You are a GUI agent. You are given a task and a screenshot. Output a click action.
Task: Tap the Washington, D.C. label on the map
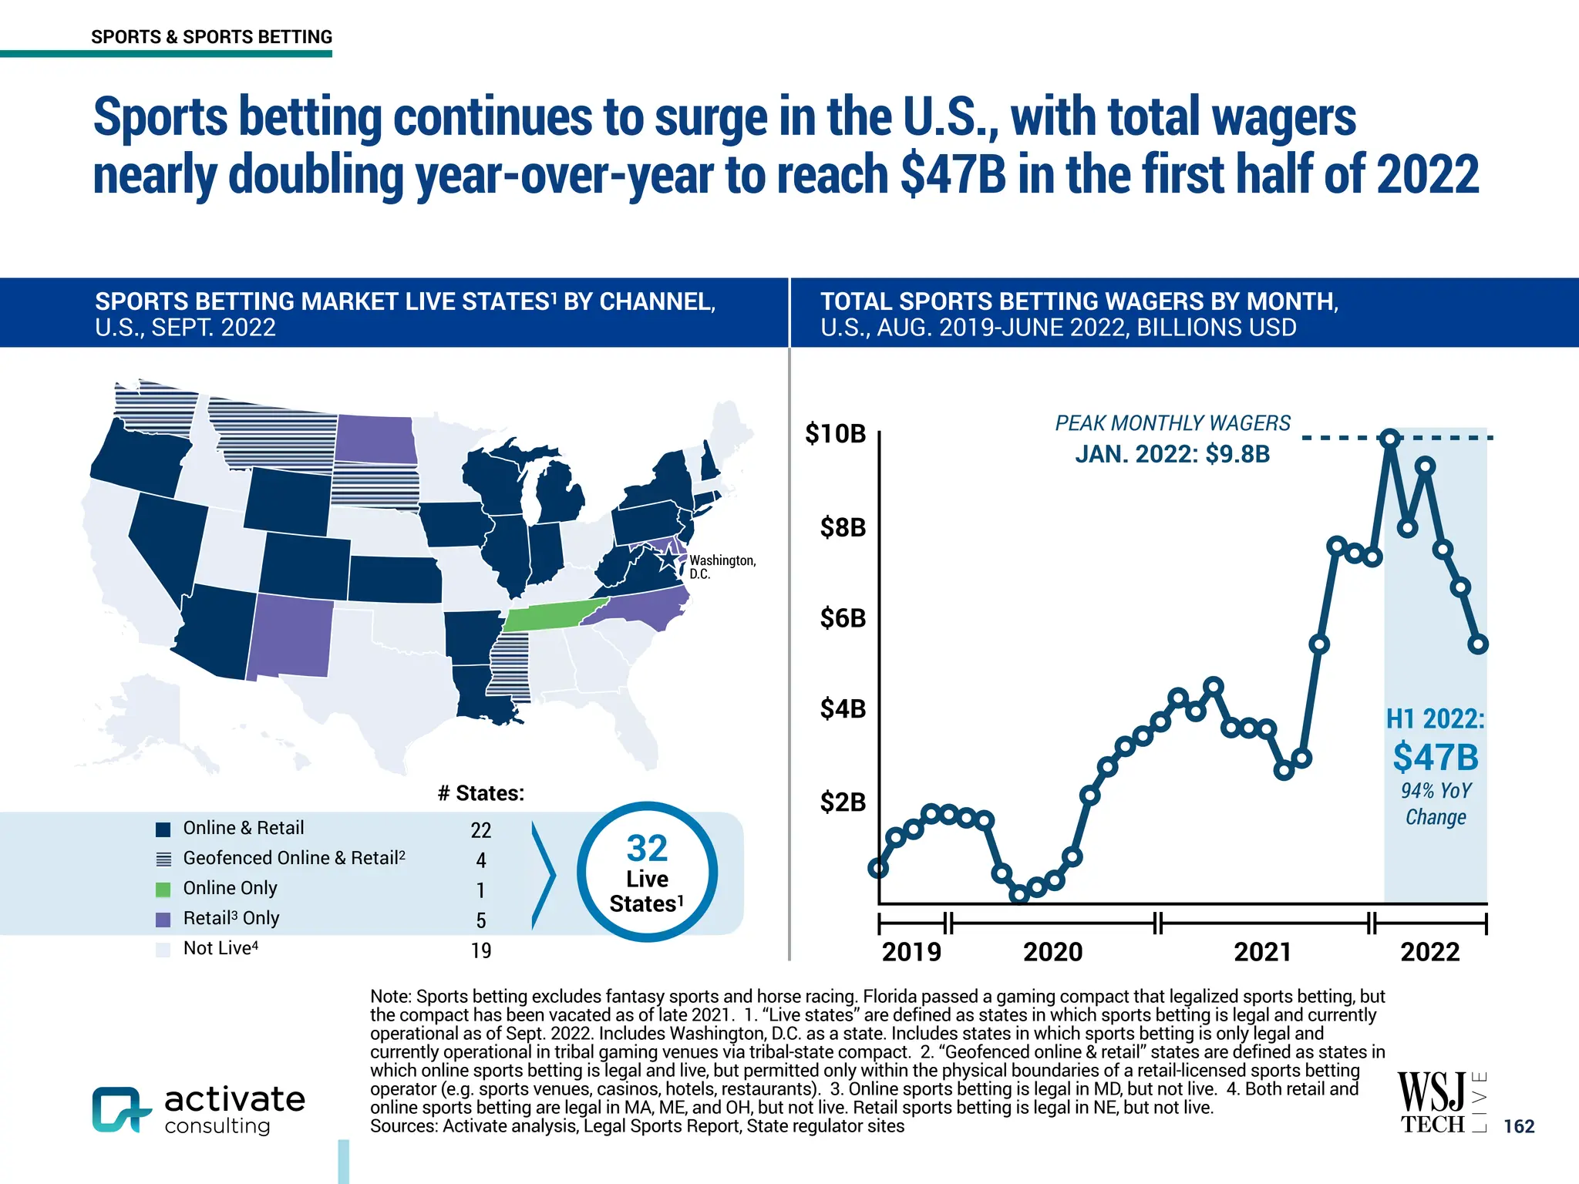(722, 567)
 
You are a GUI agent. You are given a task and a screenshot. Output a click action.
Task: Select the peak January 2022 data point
(1390, 439)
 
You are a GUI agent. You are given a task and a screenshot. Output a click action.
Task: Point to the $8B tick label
(843, 528)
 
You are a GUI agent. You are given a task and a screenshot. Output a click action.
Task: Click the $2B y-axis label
(843, 802)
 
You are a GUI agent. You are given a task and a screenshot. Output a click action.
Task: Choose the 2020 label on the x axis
(1052, 952)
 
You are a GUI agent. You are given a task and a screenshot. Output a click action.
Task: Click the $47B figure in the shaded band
(1435, 757)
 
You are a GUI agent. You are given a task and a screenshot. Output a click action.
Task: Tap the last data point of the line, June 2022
(1478, 644)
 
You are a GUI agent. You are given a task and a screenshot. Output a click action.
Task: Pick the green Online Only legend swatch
(163, 890)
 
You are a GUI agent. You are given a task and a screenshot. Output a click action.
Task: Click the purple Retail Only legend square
(163, 920)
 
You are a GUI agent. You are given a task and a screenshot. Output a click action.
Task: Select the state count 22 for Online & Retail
(480, 830)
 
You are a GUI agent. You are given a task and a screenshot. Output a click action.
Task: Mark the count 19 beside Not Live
(480, 950)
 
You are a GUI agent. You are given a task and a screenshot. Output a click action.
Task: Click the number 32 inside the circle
(647, 849)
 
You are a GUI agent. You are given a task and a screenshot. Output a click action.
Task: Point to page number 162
(1519, 1126)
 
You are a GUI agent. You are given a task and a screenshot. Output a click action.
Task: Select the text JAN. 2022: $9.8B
(1172, 454)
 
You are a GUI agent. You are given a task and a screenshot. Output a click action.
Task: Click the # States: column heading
(480, 793)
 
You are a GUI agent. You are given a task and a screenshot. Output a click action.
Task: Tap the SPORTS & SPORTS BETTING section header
(211, 37)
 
